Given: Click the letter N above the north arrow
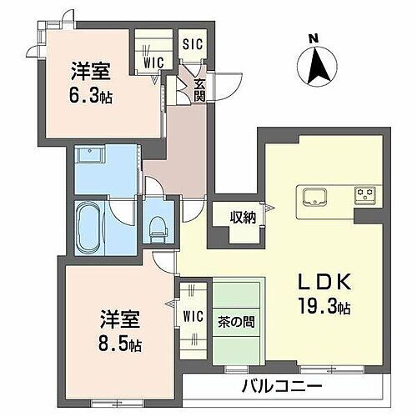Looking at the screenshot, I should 314,38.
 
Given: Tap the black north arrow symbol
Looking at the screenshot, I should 314,64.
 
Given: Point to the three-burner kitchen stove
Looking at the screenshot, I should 364,196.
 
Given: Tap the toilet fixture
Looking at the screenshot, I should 156,224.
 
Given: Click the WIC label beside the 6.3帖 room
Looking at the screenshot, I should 153,60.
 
